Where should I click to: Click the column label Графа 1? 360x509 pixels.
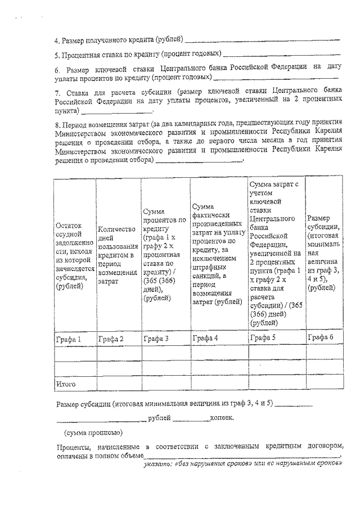[x=68, y=339]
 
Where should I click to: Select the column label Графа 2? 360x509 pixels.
[x=111, y=339]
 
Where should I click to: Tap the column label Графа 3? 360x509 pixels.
[x=156, y=339]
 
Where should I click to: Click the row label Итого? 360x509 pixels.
[x=66, y=384]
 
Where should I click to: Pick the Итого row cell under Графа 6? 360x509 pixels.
[x=323, y=384]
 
